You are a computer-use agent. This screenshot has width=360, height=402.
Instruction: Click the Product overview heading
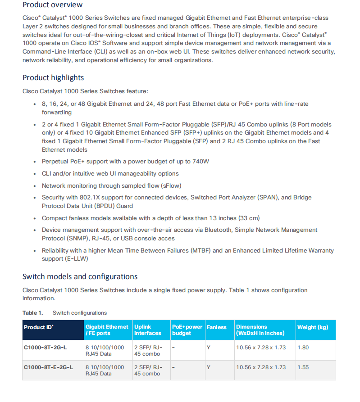pyautogui.click(x=52, y=5)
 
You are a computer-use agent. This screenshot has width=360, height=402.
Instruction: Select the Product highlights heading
pyautogui.click(x=53, y=77)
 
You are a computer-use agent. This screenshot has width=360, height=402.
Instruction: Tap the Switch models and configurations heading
pyautogui.click(x=80, y=276)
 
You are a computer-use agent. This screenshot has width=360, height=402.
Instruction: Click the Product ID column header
pyautogui.click(x=38, y=327)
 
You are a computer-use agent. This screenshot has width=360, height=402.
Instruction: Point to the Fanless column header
pyautogui.click(x=217, y=327)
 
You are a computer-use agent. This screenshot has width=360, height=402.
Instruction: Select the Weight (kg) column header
pyautogui.click(x=313, y=327)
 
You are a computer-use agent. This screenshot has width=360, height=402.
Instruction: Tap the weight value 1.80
pyautogui.click(x=303, y=348)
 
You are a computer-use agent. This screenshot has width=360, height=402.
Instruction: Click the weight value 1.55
pyautogui.click(x=303, y=367)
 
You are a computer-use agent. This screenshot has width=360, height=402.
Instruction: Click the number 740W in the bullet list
pyautogui.click(x=200, y=162)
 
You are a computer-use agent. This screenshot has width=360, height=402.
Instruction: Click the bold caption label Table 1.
pyautogui.click(x=33, y=313)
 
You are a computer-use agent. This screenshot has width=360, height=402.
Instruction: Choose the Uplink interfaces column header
pyautogui.click(x=147, y=330)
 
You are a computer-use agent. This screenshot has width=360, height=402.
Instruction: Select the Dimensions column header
pyautogui.click(x=260, y=330)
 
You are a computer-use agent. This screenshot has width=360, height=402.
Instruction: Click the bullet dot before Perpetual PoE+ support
pyautogui.click(x=35, y=162)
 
